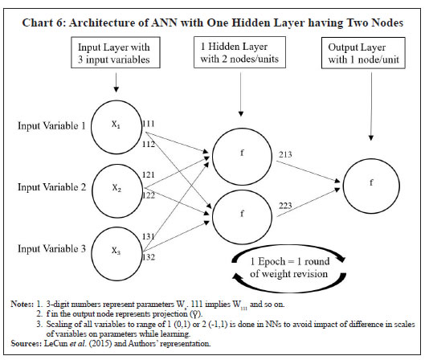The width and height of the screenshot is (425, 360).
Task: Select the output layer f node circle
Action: pyautogui.click(x=370, y=182)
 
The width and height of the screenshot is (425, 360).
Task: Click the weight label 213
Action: pyautogui.click(x=287, y=154)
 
